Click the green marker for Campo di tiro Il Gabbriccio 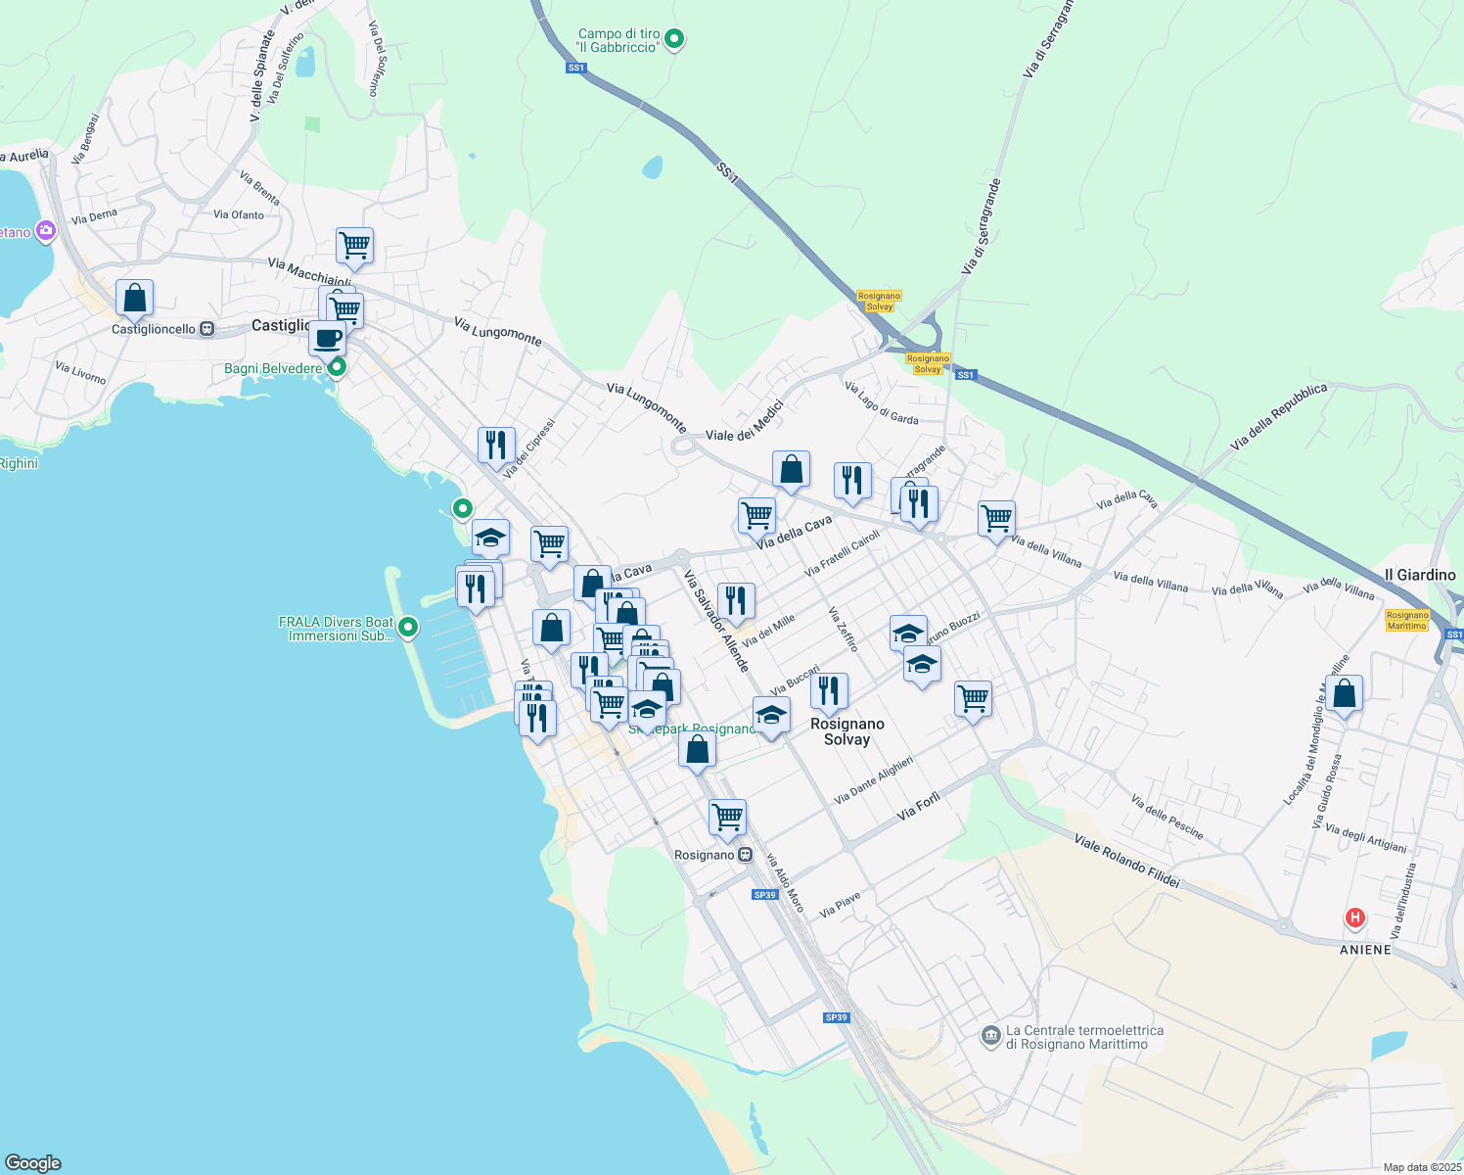tap(673, 40)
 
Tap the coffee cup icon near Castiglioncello tap(327, 339)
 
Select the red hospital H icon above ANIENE tap(1354, 917)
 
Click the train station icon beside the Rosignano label tap(746, 855)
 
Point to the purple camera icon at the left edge tap(45, 231)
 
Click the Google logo tap(33, 1162)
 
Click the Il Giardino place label tap(1419, 575)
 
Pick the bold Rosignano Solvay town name tap(847, 731)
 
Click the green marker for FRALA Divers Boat tap(408, 627)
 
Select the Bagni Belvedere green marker tap(337, 368)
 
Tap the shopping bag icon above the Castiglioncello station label tap(134, 298)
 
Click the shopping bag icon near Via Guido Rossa tap(1345, 693)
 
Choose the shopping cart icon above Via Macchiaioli tap(354, 246)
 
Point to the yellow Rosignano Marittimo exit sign tap(1407, 620)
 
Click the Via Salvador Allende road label tap(716, 621)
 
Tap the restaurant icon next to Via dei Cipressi tap(496, 445)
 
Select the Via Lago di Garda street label tap(881, 402)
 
